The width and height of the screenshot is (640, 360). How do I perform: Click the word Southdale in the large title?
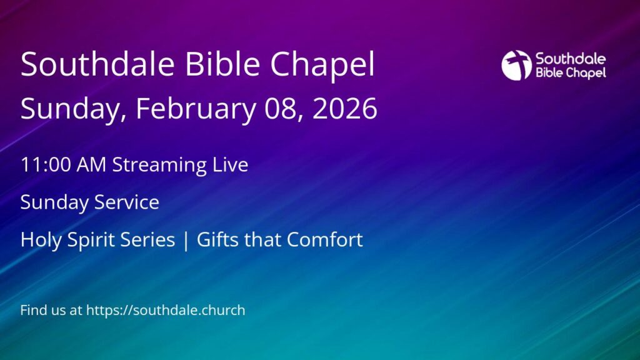[97, 64]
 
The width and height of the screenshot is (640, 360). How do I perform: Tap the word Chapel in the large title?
[322, 65]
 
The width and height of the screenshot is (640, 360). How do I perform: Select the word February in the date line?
[196, 109]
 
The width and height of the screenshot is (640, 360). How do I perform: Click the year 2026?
[345, 108]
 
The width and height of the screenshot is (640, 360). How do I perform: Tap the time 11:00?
[46, 165]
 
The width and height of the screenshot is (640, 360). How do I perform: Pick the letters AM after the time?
[91, 165]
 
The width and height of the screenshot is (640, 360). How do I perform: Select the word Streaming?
[159, 166]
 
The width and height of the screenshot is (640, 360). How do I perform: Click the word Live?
[230, 164]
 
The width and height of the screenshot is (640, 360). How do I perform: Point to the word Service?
[127, 202]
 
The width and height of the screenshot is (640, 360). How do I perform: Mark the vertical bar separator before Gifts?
[186, 241]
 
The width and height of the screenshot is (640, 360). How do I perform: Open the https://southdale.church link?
[166, 311]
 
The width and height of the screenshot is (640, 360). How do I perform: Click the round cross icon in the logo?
[517, 65]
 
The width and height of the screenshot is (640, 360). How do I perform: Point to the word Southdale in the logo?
[571, 59]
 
